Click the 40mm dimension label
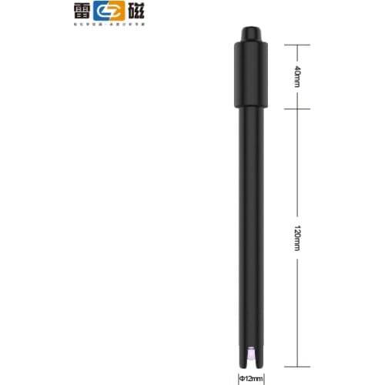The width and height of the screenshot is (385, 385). pyautogui.click(x=298, y=76)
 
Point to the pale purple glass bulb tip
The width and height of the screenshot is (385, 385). pyautogui.click(x=250, y=353)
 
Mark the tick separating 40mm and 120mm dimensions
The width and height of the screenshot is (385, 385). pyautogui.click(x=297, y=108)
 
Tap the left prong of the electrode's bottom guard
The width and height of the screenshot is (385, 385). pyautogui.click(x=242, y=354)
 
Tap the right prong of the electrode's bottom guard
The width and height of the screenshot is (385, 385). pyautogui.click(x=259, y=354)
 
